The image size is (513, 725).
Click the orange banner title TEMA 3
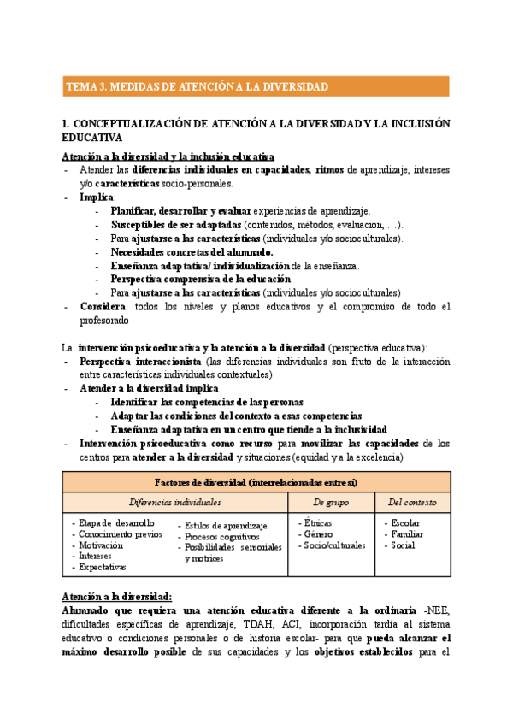[198, 86]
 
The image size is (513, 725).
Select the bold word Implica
[95, 197]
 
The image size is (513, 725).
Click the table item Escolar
[405, 522]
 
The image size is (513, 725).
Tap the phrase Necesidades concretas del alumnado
[192, 252]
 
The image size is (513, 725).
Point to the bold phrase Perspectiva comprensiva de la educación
[201, 279]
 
